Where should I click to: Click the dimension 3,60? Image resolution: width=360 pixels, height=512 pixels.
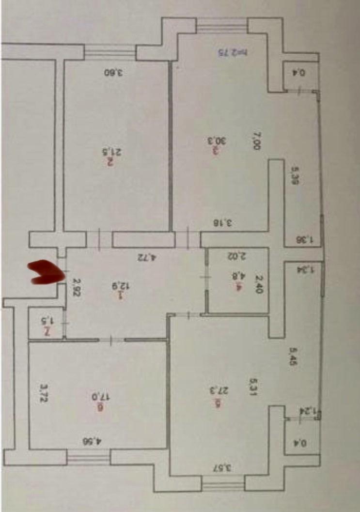[114, 73]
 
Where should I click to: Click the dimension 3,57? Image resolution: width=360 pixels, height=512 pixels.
[223, 467]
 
